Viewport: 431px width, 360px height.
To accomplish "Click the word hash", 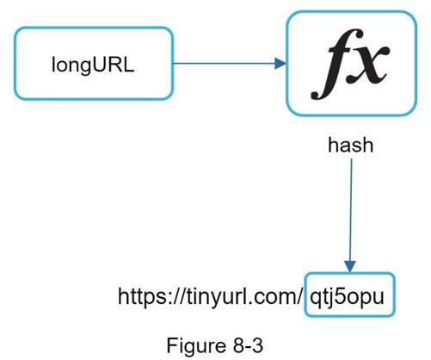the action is pyautogui.click(x=350, y=145).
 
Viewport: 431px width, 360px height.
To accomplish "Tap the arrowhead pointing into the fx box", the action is pyautogui.click(x=280, y=64).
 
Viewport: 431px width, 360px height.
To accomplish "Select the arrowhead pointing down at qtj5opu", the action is pyautogui.click(x=350, y=266).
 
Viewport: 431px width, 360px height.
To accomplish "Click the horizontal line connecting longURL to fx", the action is pyautogui.click(x=224, y=64).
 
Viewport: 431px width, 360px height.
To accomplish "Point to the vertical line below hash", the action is pyautogui.click(x=351, y=210).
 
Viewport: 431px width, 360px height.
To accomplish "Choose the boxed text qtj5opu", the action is pyautogui.click(x=347, y=296).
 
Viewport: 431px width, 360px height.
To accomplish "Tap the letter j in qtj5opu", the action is pyautogui.click(x=329, y=298).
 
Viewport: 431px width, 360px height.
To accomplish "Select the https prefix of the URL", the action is pyautogui.click(x=142, y=296).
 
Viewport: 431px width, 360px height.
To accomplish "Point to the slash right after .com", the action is pyautogui.click(x=300, y=296).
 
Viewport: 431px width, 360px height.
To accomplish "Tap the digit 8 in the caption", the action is pyautogui.click(x=239, y=345).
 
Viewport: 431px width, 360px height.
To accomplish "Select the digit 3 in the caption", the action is pyautogui.click(x=257, y=345).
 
